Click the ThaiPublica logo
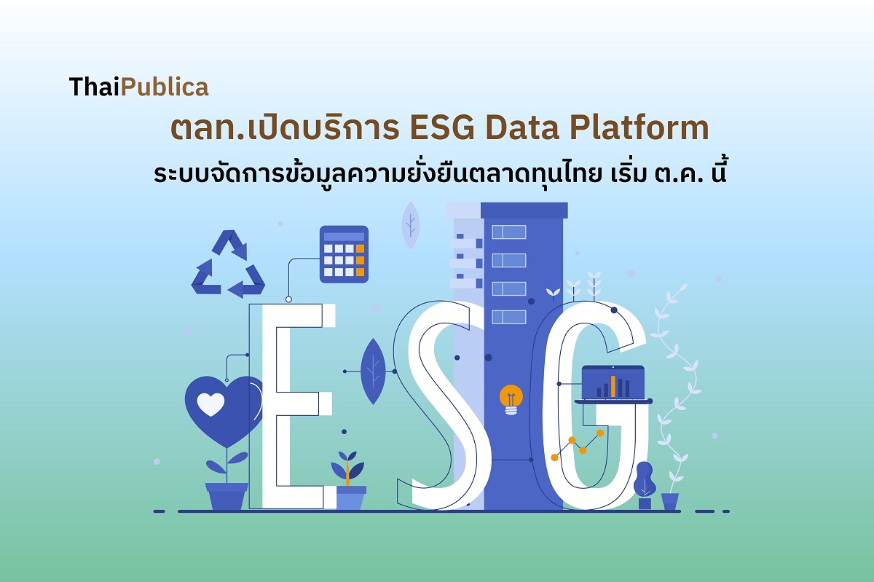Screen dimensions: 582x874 coord(138,87)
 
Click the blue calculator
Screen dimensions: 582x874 coord(344,253)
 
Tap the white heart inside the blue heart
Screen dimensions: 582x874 coord(210,404)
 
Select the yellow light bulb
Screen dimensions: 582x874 coord(511,401)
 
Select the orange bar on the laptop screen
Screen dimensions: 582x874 coord(613,385)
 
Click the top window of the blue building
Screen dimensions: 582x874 coord(508,232)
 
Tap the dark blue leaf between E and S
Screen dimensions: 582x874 coord(373,371)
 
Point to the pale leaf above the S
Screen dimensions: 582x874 coord(411,224)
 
